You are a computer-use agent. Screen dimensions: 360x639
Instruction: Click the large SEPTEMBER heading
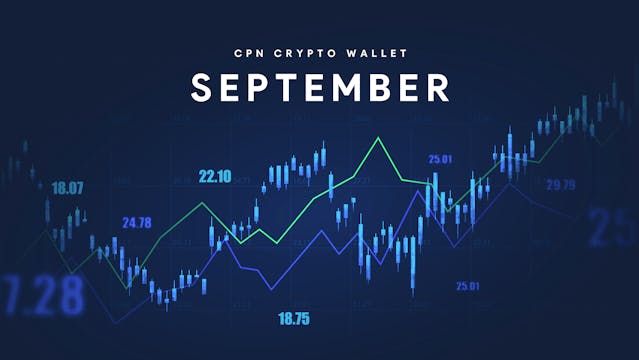(x=320, y=87)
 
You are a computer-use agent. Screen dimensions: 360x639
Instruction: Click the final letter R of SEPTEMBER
(x=437, y=87)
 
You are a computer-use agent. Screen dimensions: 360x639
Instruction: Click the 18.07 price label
(x=68, y=187)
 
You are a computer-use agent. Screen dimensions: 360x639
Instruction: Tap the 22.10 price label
(x=215, y=176)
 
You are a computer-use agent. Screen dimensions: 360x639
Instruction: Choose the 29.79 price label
(x=560, y=184)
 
